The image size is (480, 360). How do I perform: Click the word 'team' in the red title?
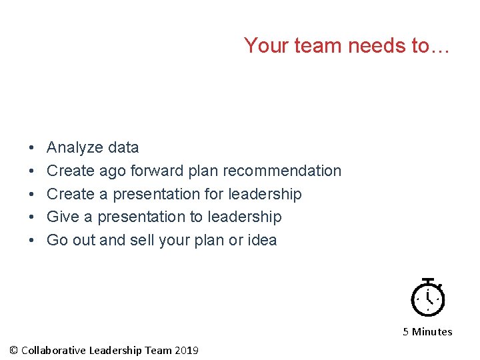[311, 45]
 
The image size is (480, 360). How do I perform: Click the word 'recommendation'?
[282, 171]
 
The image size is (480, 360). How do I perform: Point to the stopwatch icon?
[427, 297]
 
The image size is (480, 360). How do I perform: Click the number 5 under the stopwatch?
[406, 332]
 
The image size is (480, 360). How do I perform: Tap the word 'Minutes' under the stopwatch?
[432, 332]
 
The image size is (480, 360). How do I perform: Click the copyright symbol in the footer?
[14, 351]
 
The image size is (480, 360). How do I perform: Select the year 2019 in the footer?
[187, 351]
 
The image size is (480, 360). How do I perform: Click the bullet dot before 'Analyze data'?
[32, 148]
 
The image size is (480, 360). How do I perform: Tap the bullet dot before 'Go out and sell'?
[32, 240]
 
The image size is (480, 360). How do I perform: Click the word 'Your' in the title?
[265, 45]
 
